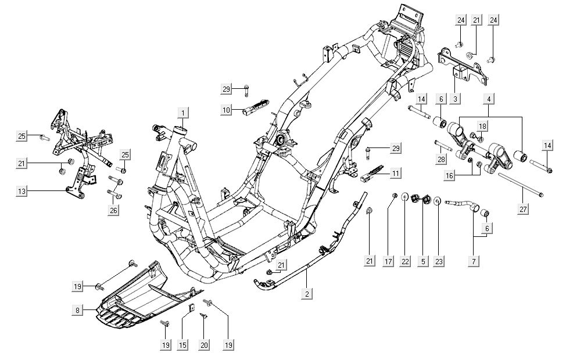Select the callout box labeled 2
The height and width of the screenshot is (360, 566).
[306, 293]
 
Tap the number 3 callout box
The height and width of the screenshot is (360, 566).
[472, 99]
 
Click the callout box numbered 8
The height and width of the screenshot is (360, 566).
[77, 311]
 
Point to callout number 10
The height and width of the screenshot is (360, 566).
[227, 109]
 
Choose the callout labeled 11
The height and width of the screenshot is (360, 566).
[395, 172]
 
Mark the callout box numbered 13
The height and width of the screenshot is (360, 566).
[21, 190]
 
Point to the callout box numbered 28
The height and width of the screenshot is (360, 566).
[441, 159]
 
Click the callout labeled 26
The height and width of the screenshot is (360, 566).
[113, 210]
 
